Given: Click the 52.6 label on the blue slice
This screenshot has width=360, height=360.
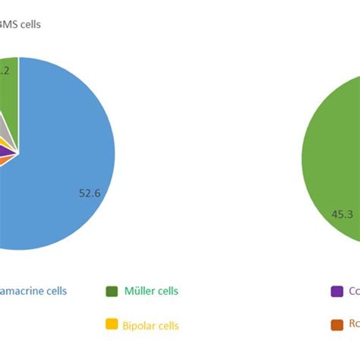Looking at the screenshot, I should pos(90,193).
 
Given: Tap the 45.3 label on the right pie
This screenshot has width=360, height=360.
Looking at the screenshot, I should pos(342,214).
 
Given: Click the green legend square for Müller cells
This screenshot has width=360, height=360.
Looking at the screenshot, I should pos(112,291).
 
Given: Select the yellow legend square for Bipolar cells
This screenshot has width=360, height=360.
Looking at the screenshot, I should pos(112,325).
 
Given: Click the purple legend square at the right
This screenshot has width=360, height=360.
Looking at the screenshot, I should pos(336,291).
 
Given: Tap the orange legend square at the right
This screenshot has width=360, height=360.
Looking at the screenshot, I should pos(336,325).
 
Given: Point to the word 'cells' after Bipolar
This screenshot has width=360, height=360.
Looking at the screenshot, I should pos(169,326).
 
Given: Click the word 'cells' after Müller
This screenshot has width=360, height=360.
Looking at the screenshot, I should pos(168,291).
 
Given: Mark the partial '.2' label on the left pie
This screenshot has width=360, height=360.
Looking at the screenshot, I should pos(4,71).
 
